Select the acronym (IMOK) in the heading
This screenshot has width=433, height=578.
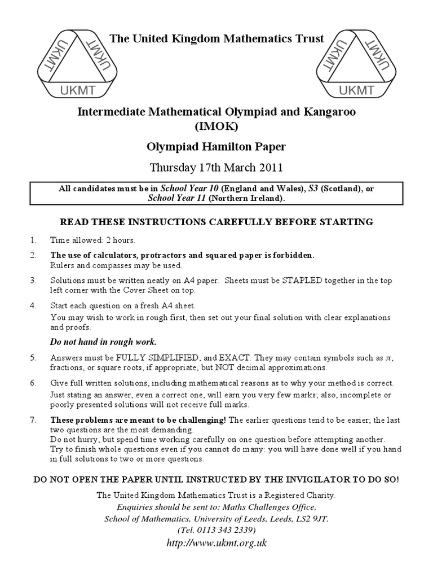click(216, 127)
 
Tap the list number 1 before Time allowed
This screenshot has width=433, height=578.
click(33, 239)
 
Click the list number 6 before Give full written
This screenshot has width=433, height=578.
click(33, 383)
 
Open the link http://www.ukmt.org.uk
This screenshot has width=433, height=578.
click(216, 544)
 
